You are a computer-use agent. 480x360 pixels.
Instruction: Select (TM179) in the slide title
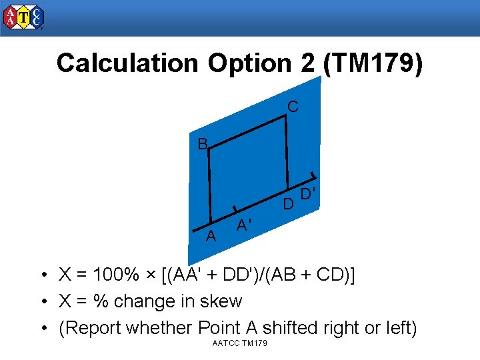(372, 63)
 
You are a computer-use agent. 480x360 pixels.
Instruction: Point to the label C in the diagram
(293, 107)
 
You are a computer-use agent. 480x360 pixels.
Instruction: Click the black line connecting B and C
(247, 133)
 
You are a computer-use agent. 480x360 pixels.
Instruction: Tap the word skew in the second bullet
(222, 301)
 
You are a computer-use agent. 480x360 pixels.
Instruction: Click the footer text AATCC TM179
(239, 343)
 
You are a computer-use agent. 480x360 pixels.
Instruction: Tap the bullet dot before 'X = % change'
(43, 302)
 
